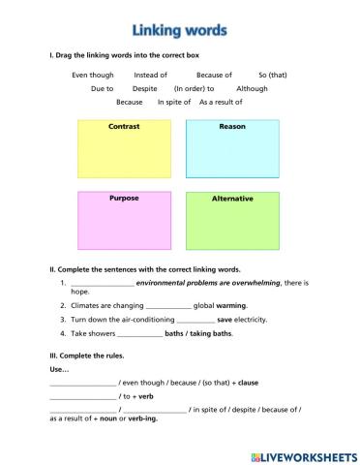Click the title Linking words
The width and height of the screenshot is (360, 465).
click(x=180, y=30)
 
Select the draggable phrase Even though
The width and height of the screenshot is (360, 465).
click(x=93, y=75)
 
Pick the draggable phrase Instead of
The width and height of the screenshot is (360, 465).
click(x=151, y=75)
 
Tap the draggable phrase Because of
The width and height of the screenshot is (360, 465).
click(x=214, y=75)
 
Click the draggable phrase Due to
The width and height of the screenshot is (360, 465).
click(x=103, y=88)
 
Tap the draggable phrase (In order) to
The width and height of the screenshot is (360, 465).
click(x=195, y=88)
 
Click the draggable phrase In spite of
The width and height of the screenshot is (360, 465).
click(x=175, y=102)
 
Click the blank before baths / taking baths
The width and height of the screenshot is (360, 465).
click(x=138, y=333)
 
